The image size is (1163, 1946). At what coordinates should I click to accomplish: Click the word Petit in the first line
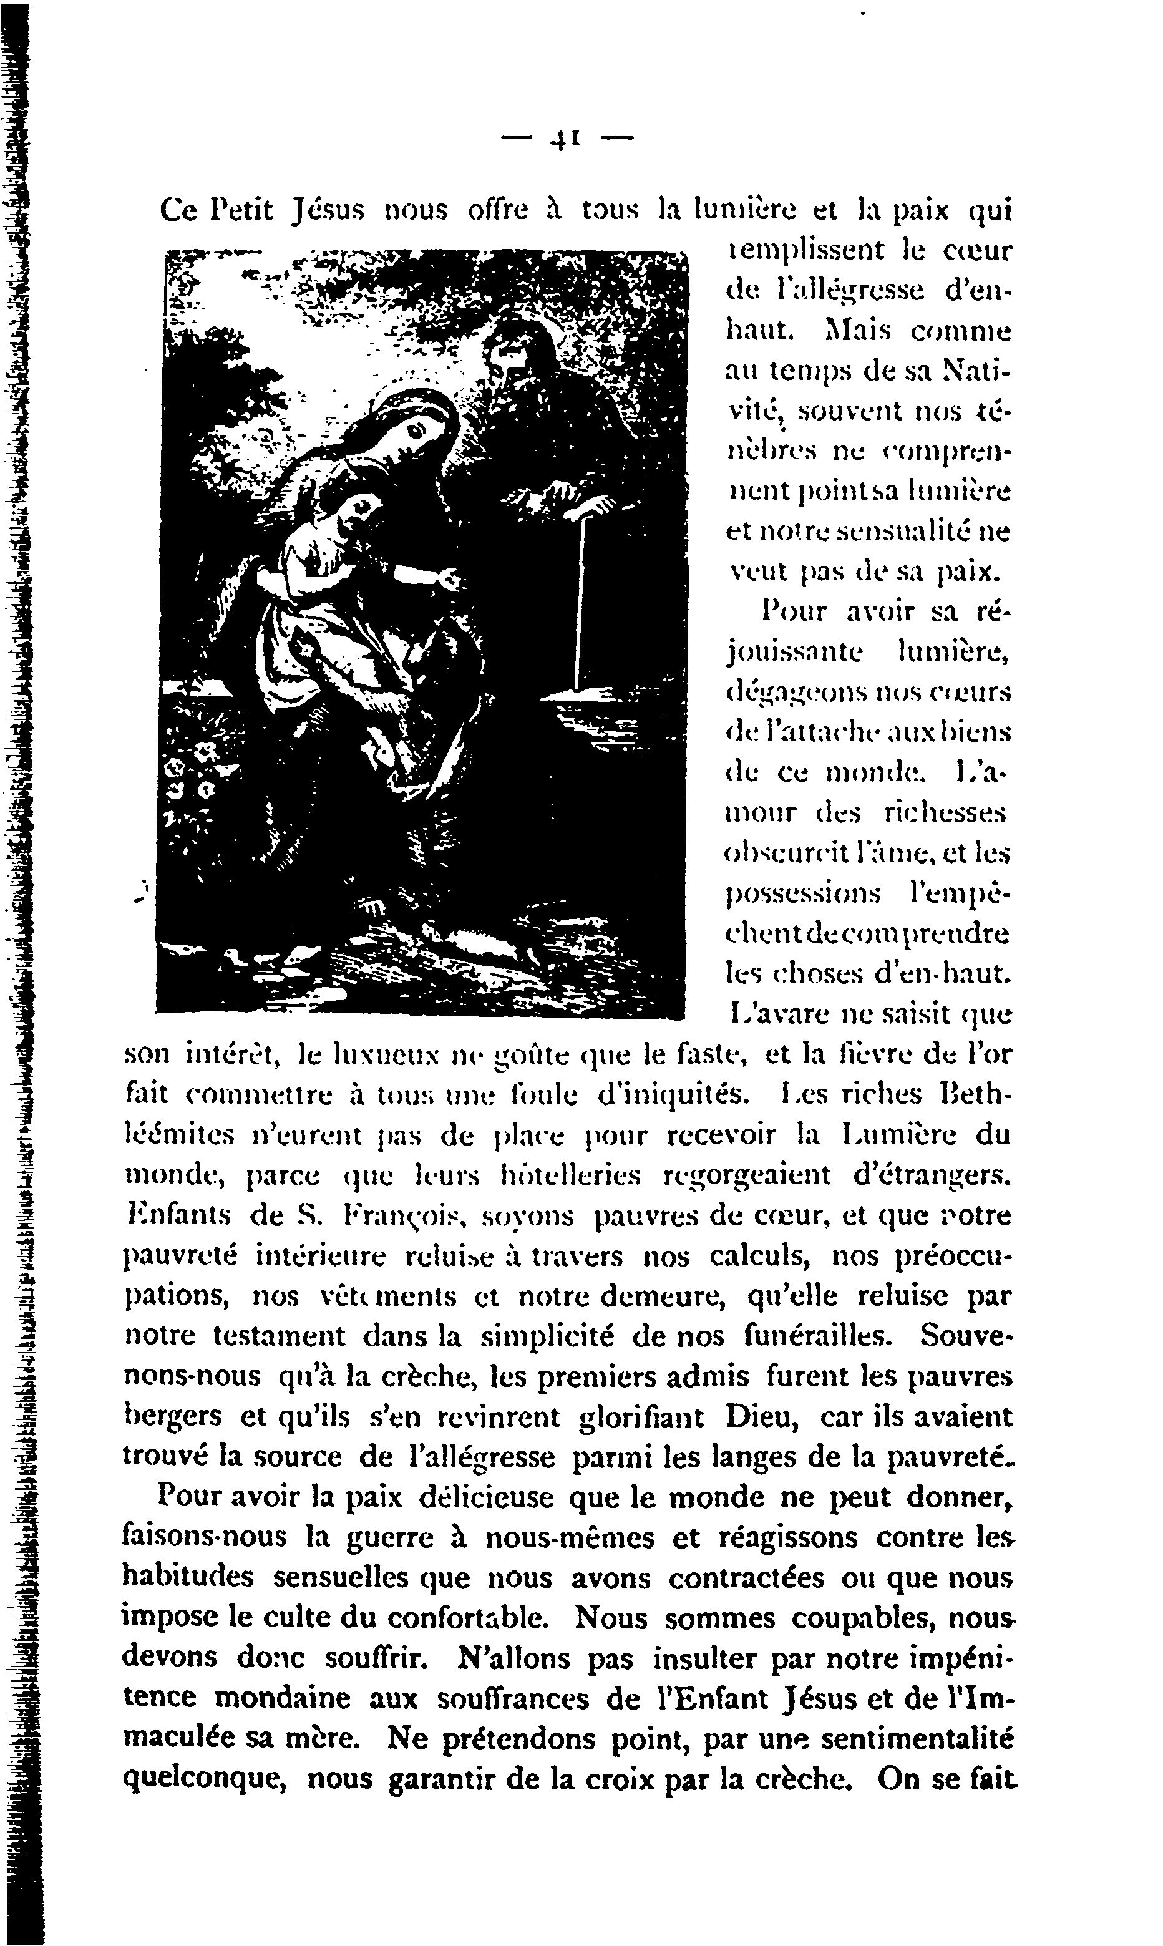243,210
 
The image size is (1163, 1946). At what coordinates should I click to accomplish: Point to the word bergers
174,1417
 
